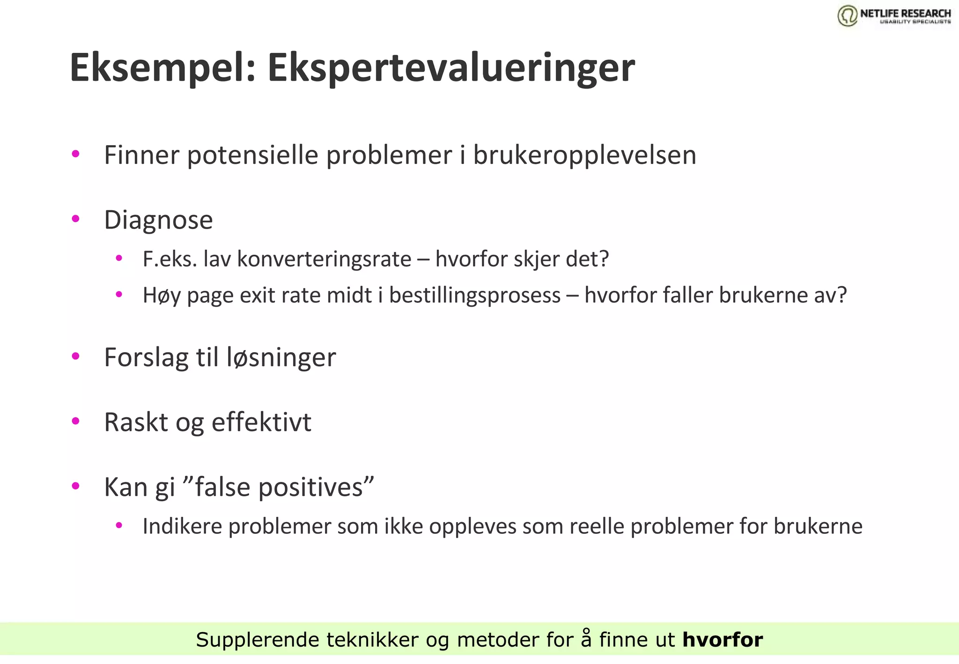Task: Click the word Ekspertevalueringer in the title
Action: tap(450, 68)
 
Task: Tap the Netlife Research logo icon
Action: tap(848, 15)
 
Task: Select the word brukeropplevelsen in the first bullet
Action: tap(584, 155)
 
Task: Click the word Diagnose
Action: tap(158, 220)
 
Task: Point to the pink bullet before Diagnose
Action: tap(75, 219)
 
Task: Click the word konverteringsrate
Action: tap(324, 259)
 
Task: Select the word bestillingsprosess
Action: tap(475, 295)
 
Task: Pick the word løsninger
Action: tap(281, 357)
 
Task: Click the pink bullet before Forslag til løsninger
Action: tap(75, 356)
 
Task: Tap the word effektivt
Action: tap(261, 422)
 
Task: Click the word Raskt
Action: tap(136, 422)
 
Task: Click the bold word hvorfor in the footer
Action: tap(723, 640)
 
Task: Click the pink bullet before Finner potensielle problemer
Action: tap(75, 154)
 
